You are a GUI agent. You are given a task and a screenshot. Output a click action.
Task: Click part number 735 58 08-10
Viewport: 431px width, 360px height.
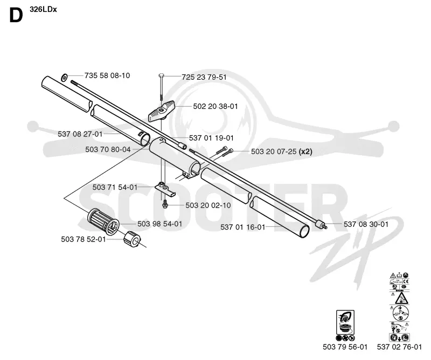(107, 75)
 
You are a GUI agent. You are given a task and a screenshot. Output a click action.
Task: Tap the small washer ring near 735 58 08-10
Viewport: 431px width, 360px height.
(64, 78)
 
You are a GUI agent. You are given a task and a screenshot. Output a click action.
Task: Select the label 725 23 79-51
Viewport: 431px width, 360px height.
(204, 77)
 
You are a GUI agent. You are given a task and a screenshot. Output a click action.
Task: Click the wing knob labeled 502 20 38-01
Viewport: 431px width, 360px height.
(162, 111)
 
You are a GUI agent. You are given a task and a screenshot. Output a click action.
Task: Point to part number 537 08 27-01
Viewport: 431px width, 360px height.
(80, 134)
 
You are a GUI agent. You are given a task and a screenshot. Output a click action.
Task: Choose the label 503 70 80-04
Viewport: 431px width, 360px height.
(108, 150)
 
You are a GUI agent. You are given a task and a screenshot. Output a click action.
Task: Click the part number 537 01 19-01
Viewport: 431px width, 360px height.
(211, 138)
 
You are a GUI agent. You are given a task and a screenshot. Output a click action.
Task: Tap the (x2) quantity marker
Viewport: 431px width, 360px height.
(305, 151)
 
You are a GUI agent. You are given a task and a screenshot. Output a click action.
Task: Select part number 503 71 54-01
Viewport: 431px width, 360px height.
(115, 188)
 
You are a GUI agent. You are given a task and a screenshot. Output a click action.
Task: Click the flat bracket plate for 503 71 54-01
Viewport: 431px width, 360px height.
(165, 189)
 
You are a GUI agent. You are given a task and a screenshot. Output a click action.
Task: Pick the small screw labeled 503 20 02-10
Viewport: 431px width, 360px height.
(165, 204)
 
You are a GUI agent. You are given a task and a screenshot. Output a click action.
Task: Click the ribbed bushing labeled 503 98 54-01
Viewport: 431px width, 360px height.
(103, 222)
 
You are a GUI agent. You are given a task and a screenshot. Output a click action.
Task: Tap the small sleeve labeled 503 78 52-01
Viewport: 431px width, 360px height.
(132, 239)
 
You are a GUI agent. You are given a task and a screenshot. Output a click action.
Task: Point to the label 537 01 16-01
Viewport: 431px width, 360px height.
(243, 227)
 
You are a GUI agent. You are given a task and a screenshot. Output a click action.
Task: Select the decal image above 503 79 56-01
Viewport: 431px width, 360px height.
(345, 326)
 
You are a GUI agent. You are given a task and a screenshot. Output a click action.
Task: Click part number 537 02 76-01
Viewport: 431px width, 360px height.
(399, 347)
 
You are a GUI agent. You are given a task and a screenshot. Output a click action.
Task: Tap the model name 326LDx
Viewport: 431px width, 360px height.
(43, 9)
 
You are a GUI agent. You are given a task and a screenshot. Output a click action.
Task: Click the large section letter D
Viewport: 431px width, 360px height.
(16, 16)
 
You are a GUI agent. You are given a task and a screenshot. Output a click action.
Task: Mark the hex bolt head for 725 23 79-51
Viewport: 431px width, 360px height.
(161, 75)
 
